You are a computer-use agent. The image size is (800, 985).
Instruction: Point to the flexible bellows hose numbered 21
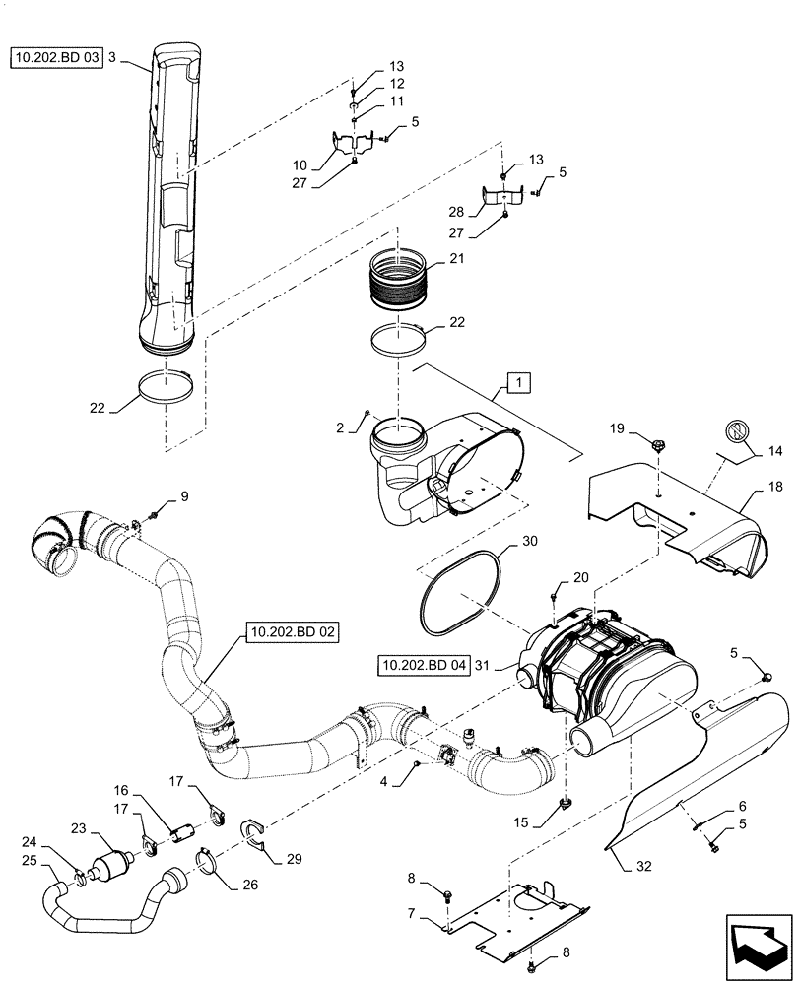point(399,283)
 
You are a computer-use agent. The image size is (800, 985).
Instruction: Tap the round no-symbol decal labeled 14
point(737,432)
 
